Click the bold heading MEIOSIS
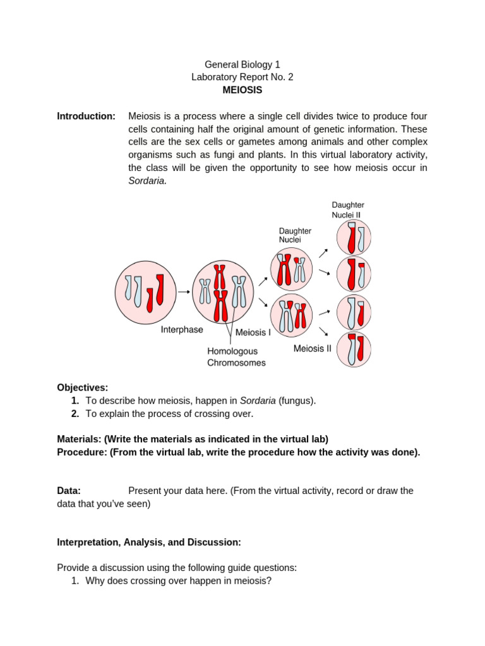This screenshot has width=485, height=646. click(x=242, y=90)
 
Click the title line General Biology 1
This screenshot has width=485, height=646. click(x=242, y=64)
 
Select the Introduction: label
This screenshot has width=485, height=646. click(x=86, y=116)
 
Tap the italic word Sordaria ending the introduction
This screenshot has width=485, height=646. click(x=147, y=180)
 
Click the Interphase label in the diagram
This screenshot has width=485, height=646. click(x=182, y=329)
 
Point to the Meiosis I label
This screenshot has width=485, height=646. click(x=253, y=332)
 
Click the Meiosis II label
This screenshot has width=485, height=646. click(x=312, y=348)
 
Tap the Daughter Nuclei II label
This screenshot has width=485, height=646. click(x=348, y=209)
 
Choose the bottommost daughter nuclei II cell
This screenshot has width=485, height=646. click(x=353, y=349)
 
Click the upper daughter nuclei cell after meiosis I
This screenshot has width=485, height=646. click(x=291, y=267)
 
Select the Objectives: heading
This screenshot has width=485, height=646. click(x=83, y=387)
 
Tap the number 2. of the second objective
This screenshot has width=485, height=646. click(x=75, y=414)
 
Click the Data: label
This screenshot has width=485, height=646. click(x=69, y=491)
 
